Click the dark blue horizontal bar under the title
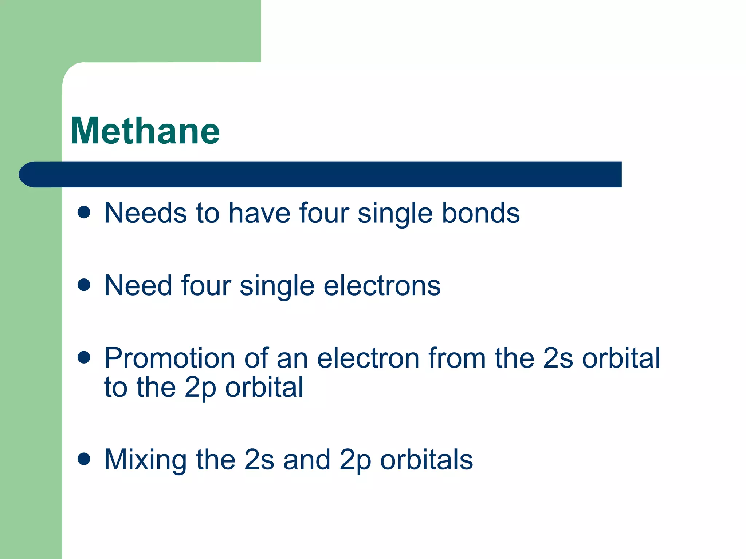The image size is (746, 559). pos(321,174)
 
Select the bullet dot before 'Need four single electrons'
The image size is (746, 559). pos(84,285)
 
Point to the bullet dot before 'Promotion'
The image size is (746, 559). pos(84,357)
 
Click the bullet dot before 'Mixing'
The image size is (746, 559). pos(84,459)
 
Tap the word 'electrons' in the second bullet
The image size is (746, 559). pos(382,286)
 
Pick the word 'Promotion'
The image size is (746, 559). pos(170,358)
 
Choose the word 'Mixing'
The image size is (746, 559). pos(145,460)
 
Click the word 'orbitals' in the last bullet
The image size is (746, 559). pos(427,460)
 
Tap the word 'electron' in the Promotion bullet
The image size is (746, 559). pos(368,358)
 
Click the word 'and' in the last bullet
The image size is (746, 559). pos(307,460)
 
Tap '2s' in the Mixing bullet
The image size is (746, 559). pos(259,460)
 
